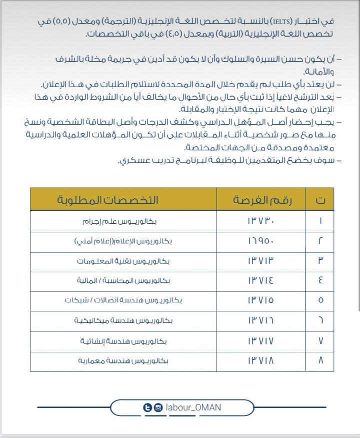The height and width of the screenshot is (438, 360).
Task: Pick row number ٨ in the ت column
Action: tap(320, 360)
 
